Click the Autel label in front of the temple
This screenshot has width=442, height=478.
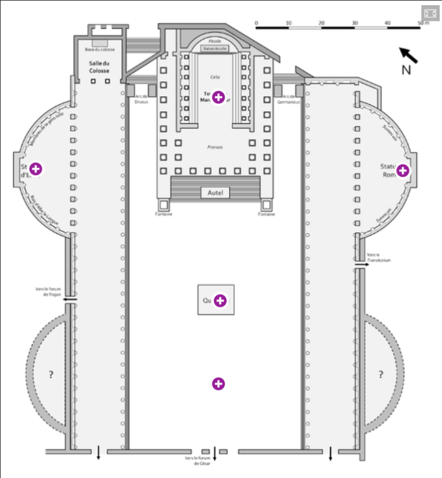click(x=215, y=193)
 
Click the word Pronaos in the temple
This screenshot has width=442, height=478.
click(x=215, y=147)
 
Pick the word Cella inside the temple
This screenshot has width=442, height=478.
click(x=215, y=77)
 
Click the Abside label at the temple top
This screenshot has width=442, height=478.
click(x=215, y=41)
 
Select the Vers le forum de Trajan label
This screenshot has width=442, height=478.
click(x=48, y=291)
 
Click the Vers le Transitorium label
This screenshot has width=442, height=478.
click(x=379, y=257)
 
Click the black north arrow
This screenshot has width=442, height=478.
click(x=409, y=55)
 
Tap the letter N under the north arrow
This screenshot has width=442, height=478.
click(x=406, y=70)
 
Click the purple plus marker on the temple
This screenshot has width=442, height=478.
click(x=218, y=97)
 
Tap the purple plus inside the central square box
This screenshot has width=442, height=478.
click(x=220, y=300)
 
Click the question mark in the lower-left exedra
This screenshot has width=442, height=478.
click(x=51, y=375)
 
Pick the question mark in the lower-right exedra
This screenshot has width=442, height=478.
click(x=380, y=375)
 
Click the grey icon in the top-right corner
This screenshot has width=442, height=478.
click(x=430, y=13)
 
